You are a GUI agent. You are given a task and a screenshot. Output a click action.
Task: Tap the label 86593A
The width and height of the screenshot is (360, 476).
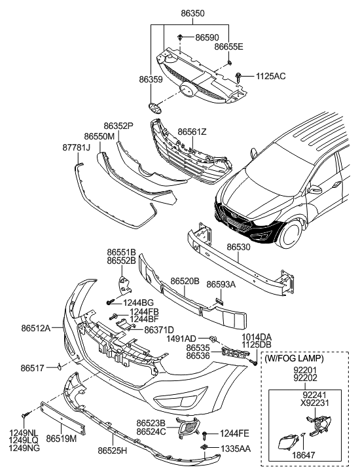click(x=221, y=285)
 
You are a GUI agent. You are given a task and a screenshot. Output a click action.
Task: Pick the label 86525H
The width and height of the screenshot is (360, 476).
click(x=113, y=451)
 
